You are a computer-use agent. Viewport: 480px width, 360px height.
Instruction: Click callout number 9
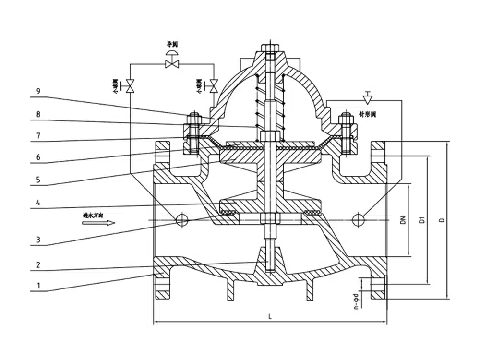(x=39, y=91)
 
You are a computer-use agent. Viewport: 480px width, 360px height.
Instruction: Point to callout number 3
(x=39, y=240)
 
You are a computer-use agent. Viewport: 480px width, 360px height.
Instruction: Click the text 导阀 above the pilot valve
(x=172, y=44)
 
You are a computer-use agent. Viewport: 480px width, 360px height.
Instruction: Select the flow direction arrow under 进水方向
(x=99, y=223)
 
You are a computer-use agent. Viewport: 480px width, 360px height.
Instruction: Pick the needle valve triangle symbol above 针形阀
(x=368, y=98)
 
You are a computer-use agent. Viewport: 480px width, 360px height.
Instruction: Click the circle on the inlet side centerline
(x=182, y=220)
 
